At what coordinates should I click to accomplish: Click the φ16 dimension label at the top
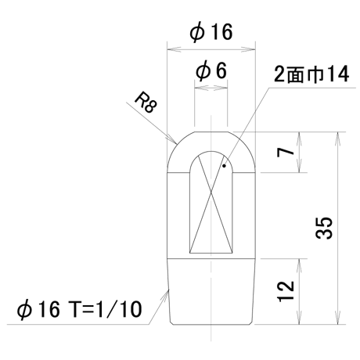point(211,32)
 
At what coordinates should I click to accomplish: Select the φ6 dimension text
point(211,70)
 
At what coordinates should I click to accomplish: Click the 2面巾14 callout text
point(311,74)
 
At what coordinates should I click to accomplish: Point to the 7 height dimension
point(286,152)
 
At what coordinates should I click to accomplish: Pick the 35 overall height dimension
point(324,228)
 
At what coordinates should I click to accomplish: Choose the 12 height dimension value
point(286,291)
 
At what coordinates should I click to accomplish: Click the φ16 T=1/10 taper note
point(79,310)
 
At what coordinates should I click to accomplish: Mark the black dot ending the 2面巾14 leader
point(224,165)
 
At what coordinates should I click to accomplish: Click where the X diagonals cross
point(211,193)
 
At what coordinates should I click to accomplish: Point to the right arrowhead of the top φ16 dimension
point(248,49)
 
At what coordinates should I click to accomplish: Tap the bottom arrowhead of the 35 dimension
point(338,318)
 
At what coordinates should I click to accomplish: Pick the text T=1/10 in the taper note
point(105,310)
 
